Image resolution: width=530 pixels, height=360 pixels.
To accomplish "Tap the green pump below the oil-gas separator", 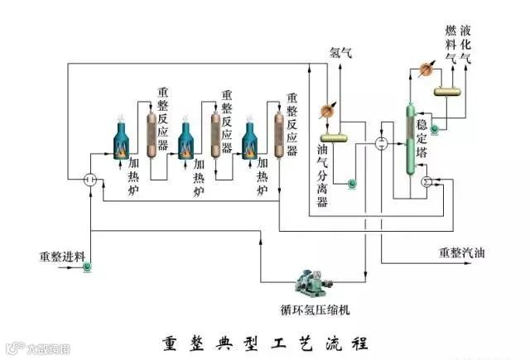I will tap(350, 183).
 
